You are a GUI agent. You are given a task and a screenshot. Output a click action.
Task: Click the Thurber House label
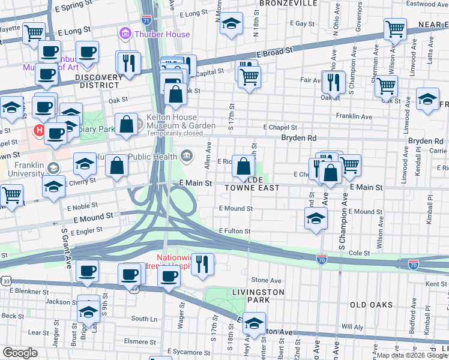161,34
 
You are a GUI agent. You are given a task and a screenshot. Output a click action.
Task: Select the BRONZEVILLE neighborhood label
288,3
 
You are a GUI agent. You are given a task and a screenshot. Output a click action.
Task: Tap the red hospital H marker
40,130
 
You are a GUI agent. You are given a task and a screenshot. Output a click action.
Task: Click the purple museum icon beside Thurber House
125,34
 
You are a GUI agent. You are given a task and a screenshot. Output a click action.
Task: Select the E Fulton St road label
235,231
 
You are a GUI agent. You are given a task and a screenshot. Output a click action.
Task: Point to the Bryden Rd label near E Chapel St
299,137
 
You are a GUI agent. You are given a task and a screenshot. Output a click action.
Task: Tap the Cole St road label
359,254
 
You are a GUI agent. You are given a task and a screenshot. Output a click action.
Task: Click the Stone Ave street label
267,280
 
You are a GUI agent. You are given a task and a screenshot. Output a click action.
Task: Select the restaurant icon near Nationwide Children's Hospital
203,263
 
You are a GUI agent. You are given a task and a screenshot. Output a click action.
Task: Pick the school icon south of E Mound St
316,220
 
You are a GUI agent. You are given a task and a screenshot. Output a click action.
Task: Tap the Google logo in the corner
20,353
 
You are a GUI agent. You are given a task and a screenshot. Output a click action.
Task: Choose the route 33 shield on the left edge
5,280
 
